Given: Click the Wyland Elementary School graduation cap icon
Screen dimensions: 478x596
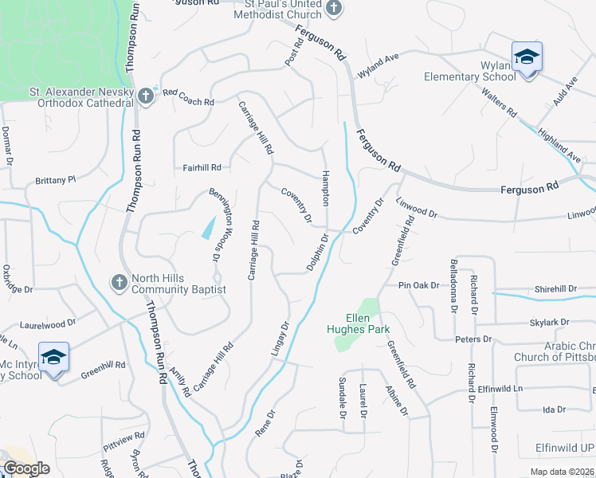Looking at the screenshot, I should coord(527,57).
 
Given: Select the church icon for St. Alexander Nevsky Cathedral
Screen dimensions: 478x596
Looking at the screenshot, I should coord(145,96).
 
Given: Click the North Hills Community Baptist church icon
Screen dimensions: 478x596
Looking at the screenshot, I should coord(119,283).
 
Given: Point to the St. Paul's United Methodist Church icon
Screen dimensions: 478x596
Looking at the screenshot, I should coord(335,9).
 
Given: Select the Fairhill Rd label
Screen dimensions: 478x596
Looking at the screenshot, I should coord(195,168).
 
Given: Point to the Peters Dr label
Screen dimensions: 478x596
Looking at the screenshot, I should coord(473,339).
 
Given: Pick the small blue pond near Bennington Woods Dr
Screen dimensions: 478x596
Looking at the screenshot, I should coord(208,227).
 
